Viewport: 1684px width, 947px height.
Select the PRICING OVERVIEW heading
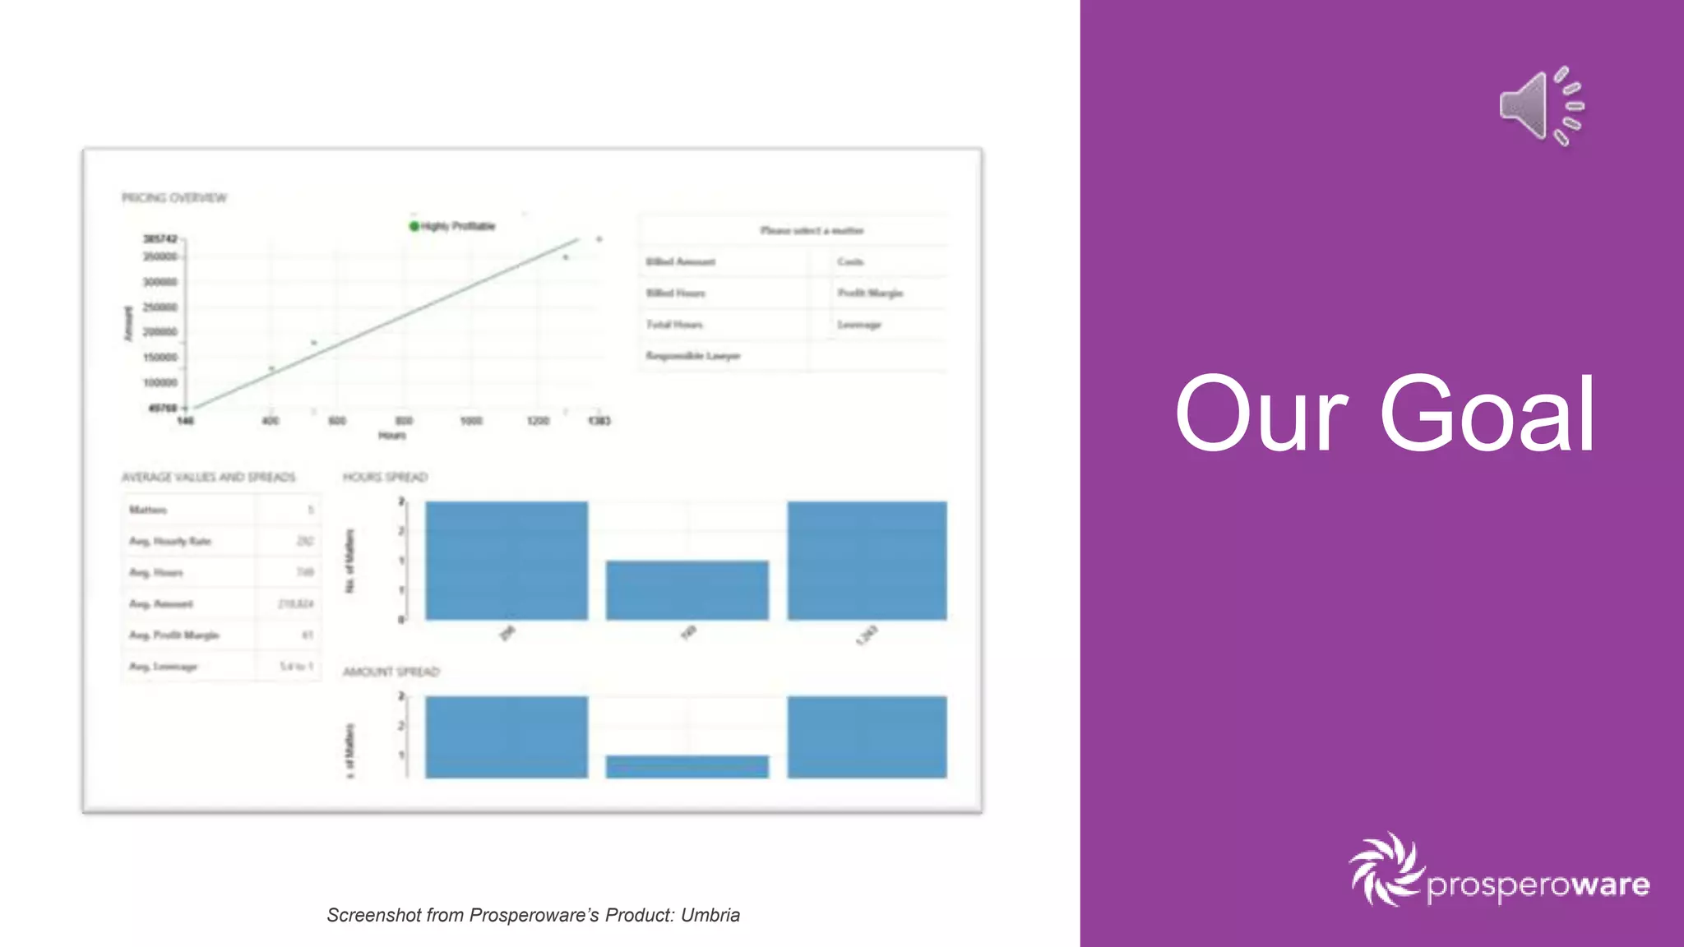pos(174,198)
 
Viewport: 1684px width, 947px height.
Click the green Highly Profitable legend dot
pos(414,226)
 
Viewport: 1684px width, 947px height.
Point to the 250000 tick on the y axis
pos(160,307)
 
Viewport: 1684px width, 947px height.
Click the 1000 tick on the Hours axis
pos(471,421)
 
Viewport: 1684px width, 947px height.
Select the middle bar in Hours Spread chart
pos(687,589)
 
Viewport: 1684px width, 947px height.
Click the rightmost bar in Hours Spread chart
pos(867,560)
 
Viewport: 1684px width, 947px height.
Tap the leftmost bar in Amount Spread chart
pos(507,737)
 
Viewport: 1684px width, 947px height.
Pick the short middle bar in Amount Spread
pos(687,766)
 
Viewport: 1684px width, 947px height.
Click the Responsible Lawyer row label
pos(693,356)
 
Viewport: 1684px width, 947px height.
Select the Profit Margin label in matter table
pos(870,293)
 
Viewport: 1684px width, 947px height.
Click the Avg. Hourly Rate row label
pos(170,541)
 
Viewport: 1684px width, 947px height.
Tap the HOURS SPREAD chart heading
pos(385,478)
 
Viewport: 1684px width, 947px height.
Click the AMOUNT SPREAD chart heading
pos(391,672)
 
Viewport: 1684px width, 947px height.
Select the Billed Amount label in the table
pos(681,262)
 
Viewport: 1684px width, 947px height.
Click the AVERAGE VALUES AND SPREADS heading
pos(208,478)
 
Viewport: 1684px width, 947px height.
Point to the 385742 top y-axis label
pos(160,239)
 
